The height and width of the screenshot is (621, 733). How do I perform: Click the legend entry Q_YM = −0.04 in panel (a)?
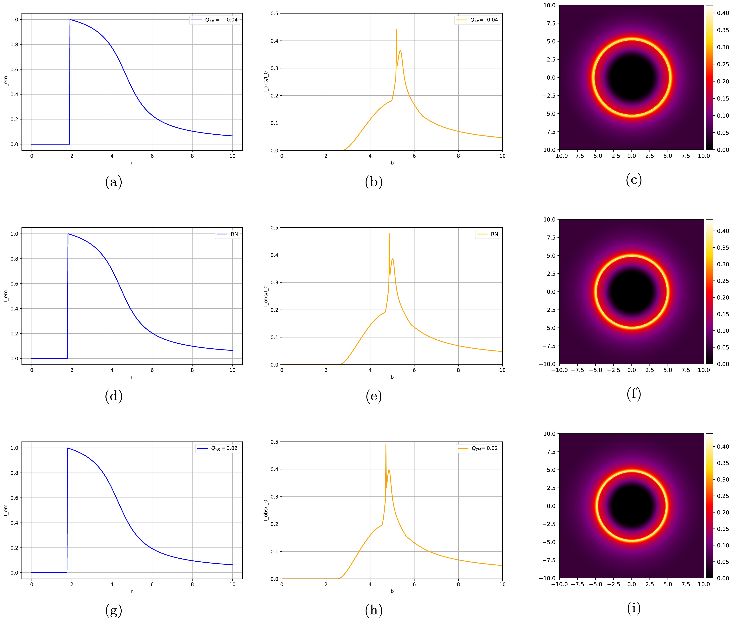[215, 20]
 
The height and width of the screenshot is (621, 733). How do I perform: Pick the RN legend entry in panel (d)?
[227, 234]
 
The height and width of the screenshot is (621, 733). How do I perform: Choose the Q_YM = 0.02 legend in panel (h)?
[477, 448]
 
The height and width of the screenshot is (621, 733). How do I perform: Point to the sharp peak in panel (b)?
[396, 30]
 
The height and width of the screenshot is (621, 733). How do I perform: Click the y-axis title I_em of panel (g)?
[6, 510]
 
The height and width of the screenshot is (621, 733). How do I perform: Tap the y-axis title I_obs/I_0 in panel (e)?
[266, 296]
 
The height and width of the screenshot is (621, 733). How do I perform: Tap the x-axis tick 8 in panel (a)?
[192, 156]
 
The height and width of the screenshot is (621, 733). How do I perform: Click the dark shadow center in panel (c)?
[632, 77]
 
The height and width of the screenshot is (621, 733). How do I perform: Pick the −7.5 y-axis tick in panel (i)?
[547, 560]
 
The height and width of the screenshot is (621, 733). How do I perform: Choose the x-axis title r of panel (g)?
[132, 591]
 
